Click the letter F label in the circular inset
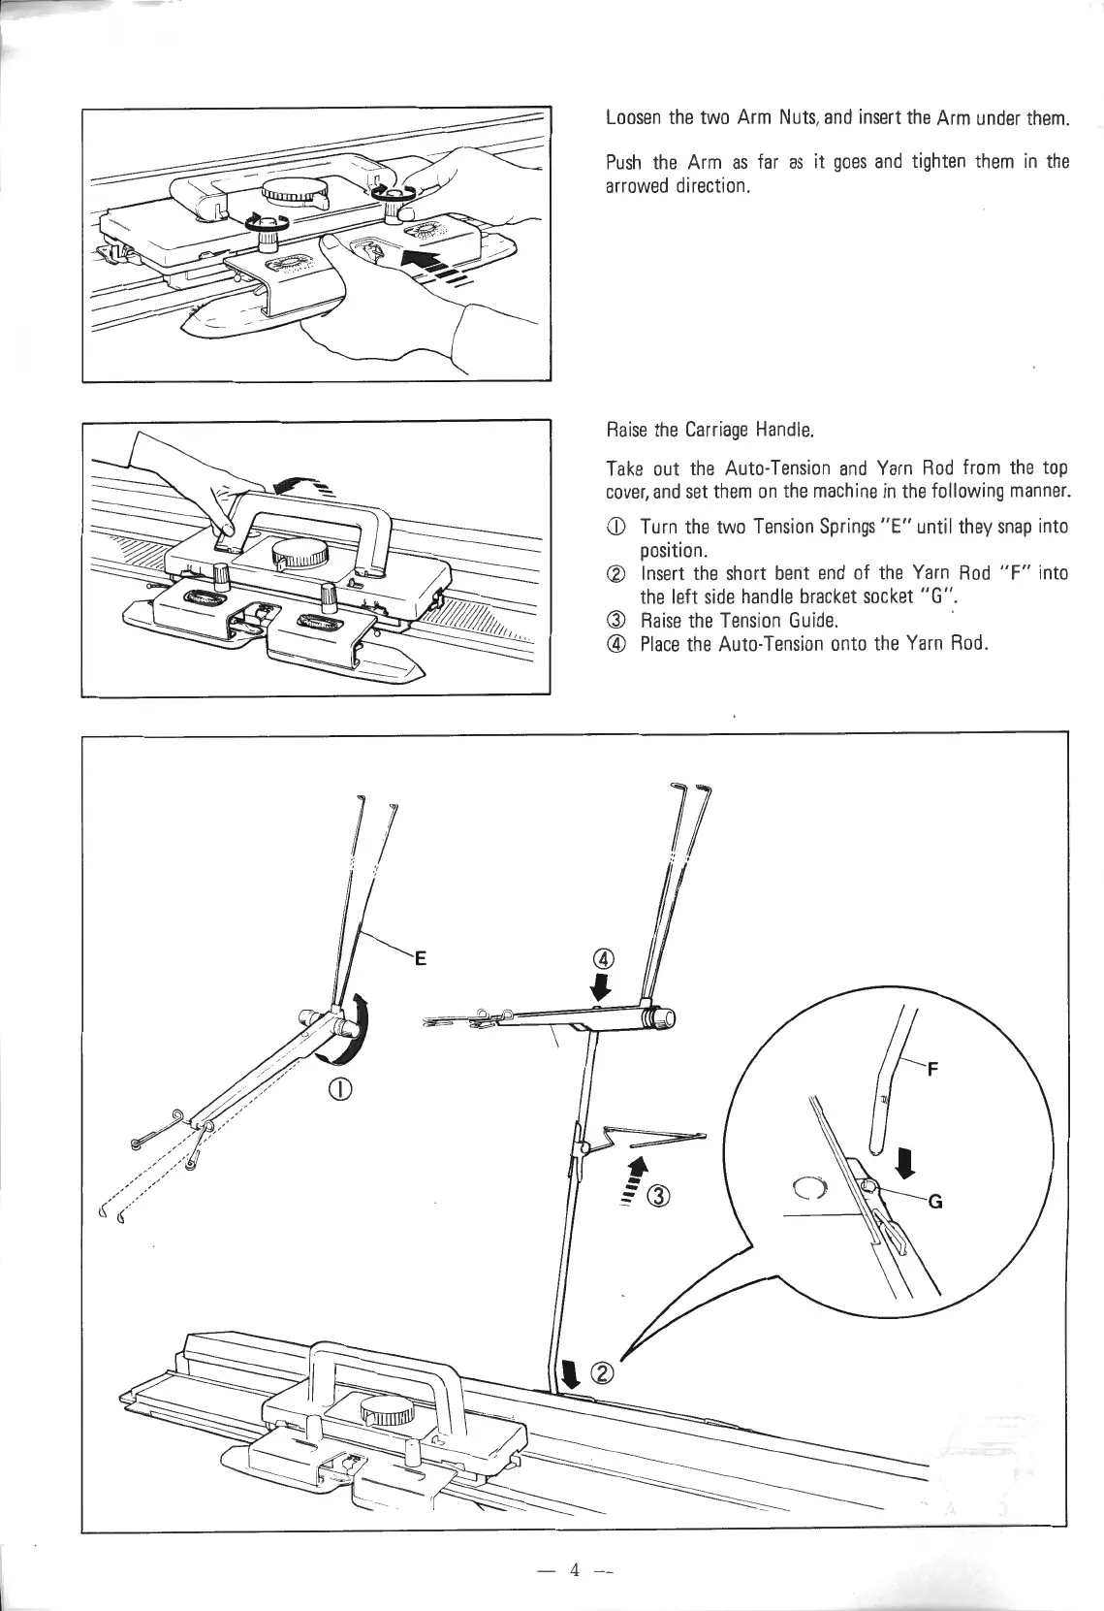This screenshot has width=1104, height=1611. coord(933,1072)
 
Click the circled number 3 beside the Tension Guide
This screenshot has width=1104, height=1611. coord(659,1198)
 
